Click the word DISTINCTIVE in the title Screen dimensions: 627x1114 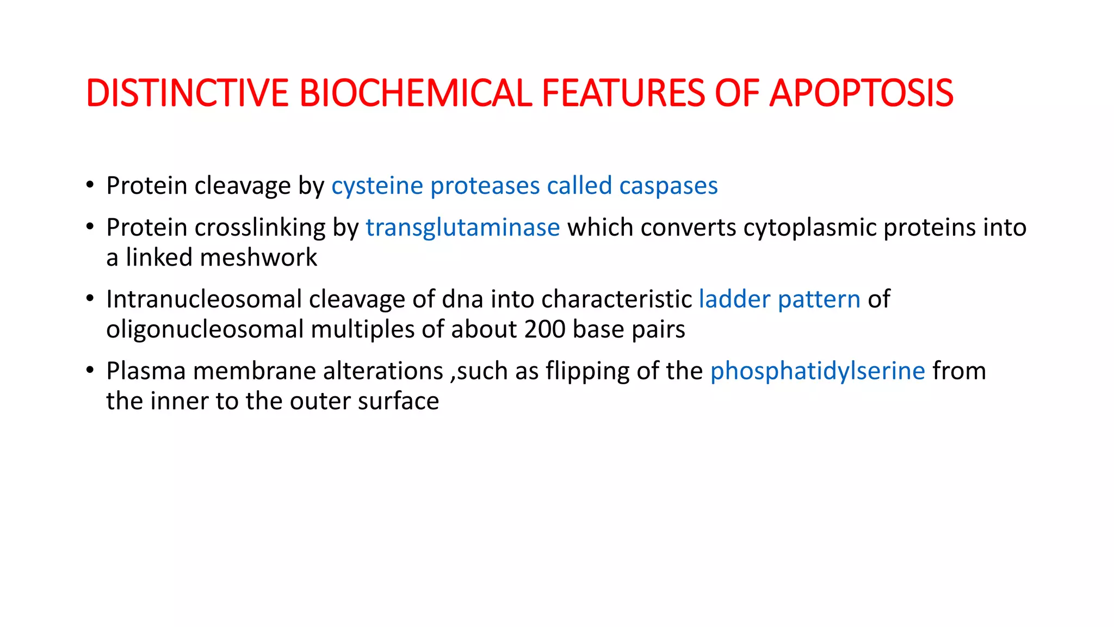click(187, 93)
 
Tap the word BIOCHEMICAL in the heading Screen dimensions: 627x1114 click(415, 93)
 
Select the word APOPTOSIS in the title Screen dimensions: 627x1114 click(861, 93)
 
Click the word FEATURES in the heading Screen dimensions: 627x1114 click(623, 93)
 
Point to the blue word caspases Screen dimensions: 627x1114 click(668, 186)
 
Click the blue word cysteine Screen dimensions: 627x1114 click(377, 186)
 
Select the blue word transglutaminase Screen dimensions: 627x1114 click(462, 228)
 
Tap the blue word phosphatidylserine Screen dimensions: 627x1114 click(818, 371)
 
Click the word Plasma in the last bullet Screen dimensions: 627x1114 click(145, 371)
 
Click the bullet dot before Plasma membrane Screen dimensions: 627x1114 click(90, 371)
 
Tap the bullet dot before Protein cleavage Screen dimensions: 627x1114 click(90, 185)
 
